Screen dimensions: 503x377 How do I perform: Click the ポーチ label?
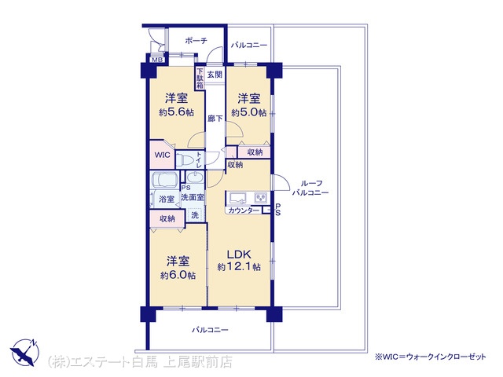(x=196, y=41)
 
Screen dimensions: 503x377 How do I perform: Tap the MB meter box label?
(x=157, y=60)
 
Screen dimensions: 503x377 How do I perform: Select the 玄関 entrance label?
(x=215, y=75)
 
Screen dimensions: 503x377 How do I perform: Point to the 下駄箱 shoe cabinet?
(x=200, y=78)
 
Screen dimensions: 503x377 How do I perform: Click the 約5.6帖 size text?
(x=176, y=112)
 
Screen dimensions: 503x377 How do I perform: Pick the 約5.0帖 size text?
(x=249, y=113)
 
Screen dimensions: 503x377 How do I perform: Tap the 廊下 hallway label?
(x=215, y=119)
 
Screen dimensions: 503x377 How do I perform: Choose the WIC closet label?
(x=163, y=155)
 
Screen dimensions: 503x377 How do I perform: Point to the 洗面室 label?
(x=193, y=197)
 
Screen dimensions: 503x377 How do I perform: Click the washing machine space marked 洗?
(x=195, y=215)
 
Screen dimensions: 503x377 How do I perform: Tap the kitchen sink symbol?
(x=237, y=197)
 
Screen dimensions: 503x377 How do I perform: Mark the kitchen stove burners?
(x=261, y=197)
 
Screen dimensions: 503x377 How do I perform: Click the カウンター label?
(x=244, y=210)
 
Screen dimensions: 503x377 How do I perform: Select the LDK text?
(x=239, y=254)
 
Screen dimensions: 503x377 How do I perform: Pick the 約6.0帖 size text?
(x=178, y=276)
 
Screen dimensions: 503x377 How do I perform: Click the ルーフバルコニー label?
(x=310, y=188)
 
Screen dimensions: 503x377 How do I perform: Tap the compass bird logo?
(x=24, y=352)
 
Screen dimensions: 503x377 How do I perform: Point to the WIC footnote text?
(x=431, y=357)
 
